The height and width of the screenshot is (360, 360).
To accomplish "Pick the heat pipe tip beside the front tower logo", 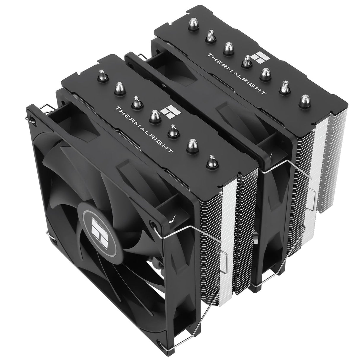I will click(154, 115).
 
